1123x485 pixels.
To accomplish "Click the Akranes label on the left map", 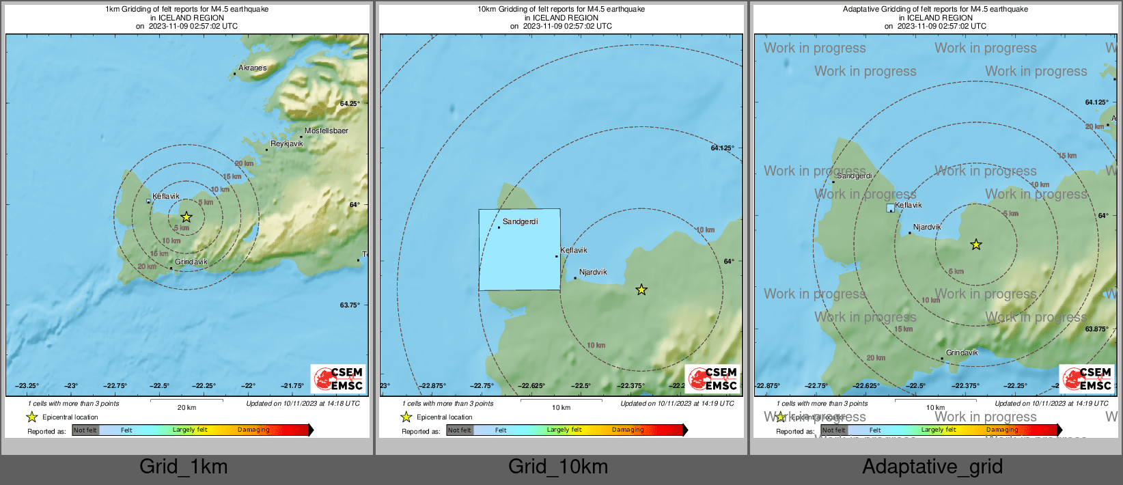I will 252,68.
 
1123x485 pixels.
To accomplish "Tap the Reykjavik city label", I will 286,143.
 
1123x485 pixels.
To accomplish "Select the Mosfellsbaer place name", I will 326,130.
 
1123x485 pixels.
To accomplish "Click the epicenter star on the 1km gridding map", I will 186,217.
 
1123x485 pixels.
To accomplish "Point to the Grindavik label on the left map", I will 191,262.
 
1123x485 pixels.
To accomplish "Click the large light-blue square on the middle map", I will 519,250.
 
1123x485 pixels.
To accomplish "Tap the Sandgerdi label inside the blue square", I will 520,221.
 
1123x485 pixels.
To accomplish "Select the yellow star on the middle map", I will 641,290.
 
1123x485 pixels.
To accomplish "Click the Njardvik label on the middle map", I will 592,272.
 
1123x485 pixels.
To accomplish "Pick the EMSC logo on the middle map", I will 712,378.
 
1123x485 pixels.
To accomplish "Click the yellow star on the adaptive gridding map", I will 976,245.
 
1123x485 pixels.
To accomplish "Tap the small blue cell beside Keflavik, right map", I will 890,208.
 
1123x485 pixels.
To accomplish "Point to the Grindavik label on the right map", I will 962,352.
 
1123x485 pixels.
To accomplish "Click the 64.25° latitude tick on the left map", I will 349,104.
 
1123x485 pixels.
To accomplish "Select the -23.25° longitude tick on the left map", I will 27,386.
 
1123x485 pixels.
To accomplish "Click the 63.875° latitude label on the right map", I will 1096,329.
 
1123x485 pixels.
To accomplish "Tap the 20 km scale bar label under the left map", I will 186,408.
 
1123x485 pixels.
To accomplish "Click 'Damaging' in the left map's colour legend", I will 253,430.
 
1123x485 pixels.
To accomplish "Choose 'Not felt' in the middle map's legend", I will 459,430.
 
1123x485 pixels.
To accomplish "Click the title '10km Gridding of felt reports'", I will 561,10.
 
